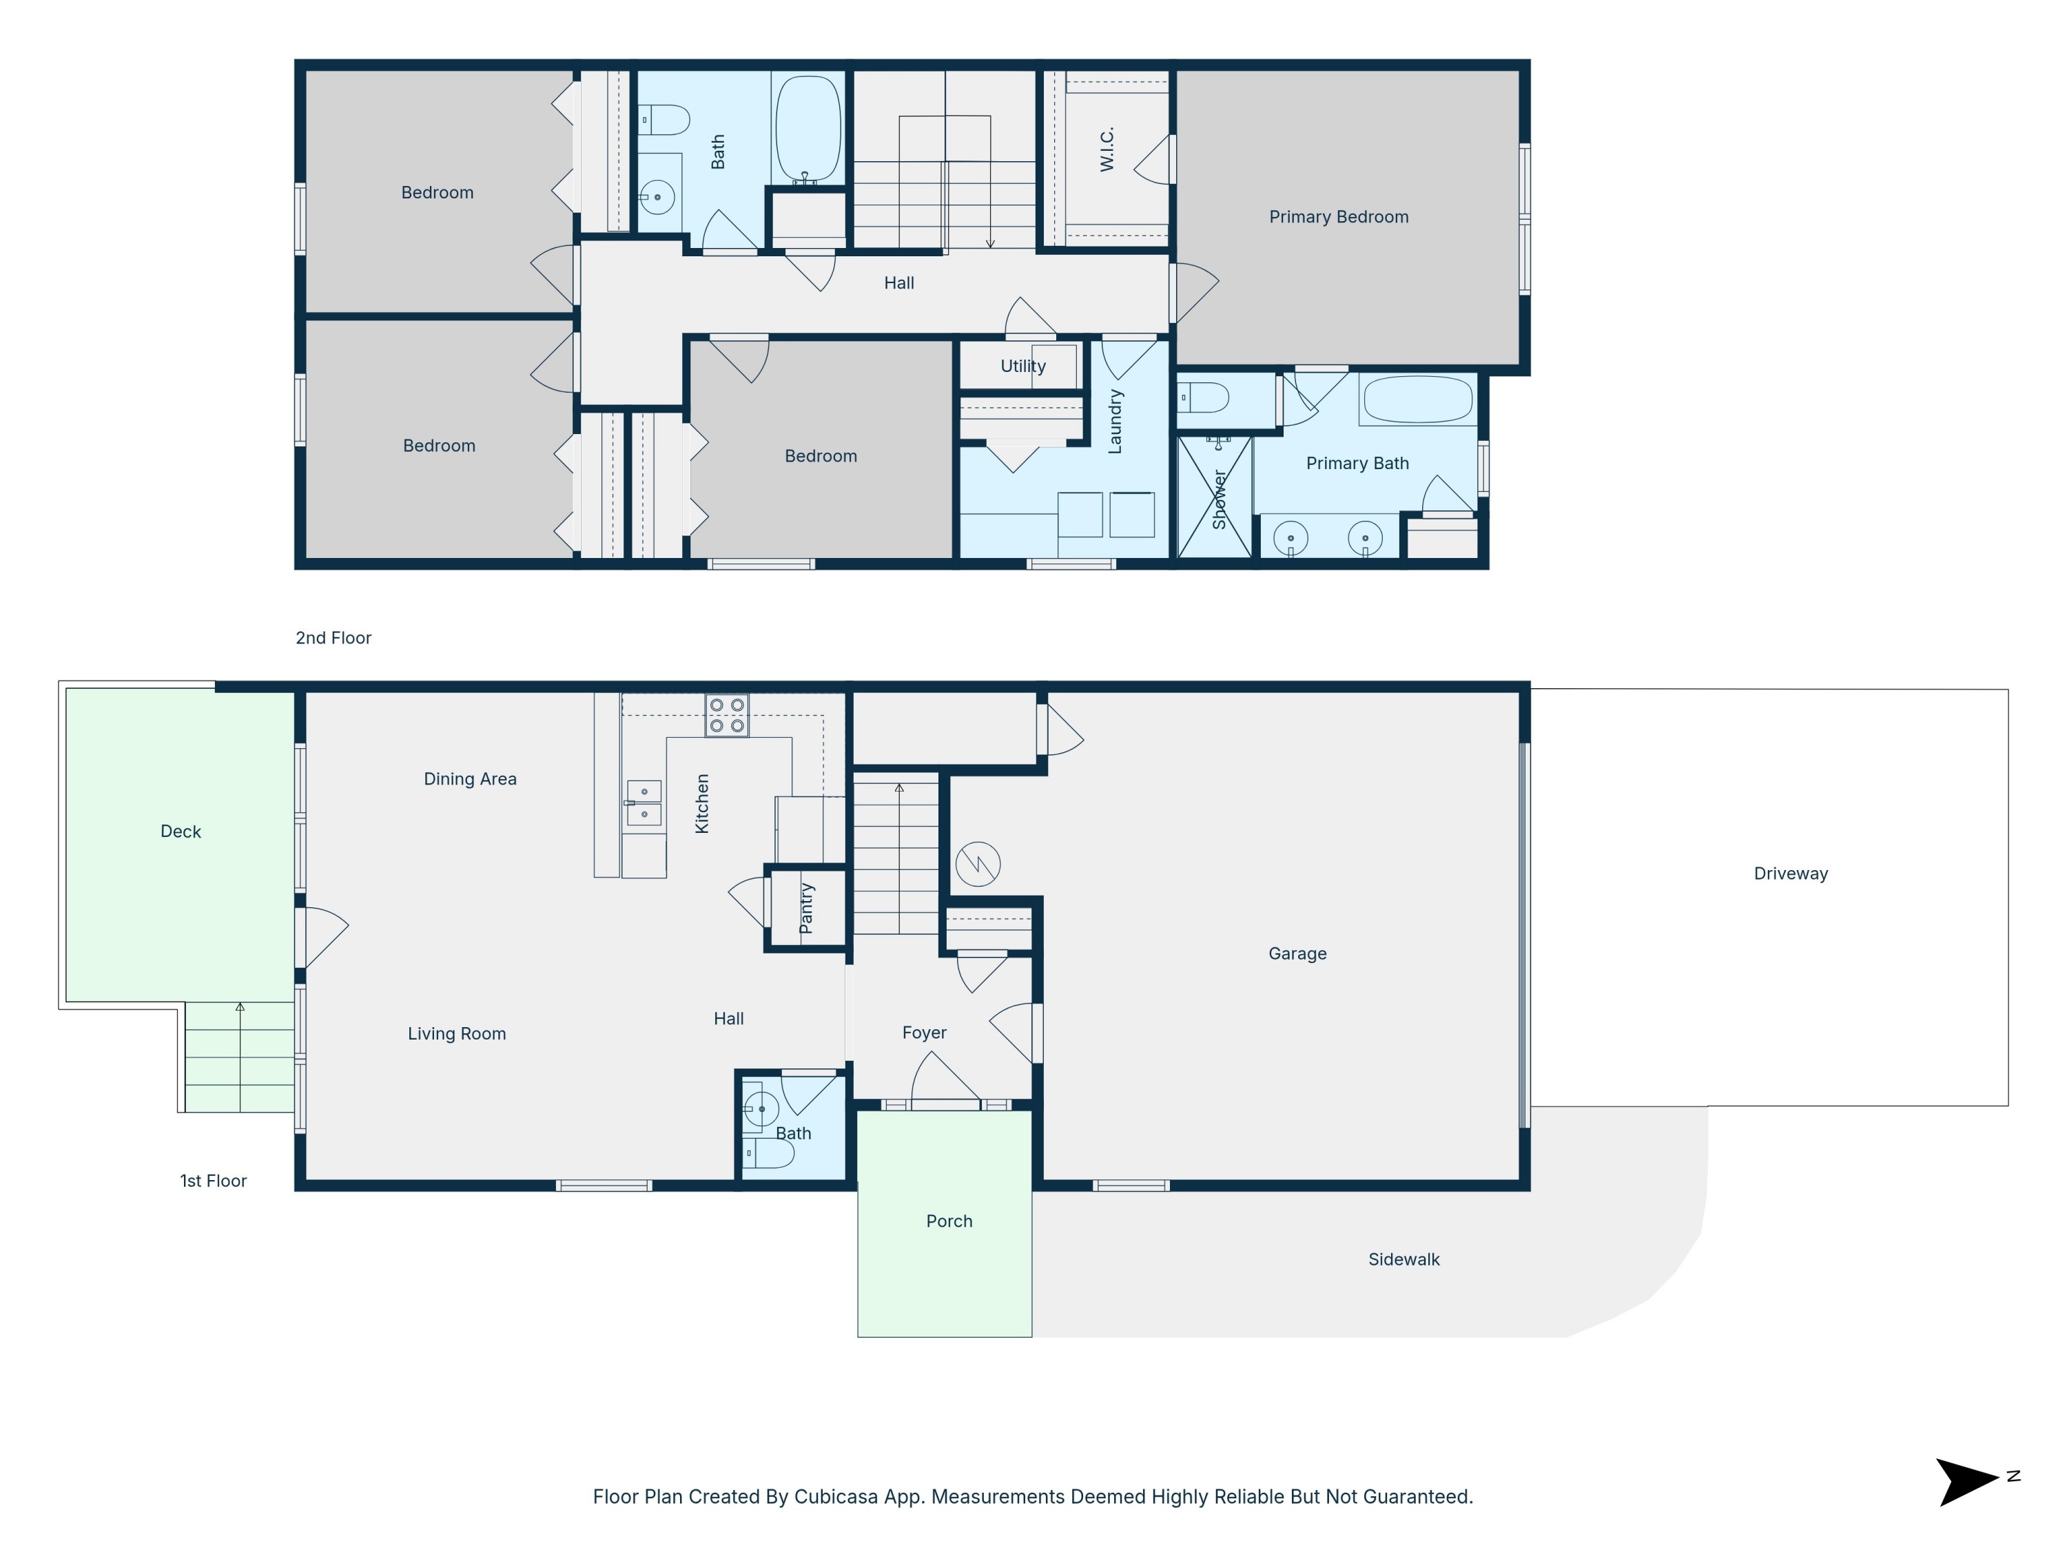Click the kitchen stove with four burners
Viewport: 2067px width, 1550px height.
[x=726, y=716]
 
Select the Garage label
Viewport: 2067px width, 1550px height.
[x=1297, y=953]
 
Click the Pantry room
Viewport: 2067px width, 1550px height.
[x=806, y=908]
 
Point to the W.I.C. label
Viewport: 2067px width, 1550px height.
[x=1107, y=149]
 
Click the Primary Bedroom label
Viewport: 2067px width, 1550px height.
[x=1338, y=217]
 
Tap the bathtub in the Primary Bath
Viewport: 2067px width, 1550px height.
[x=1417, y=400]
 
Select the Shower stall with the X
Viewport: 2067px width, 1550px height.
[x=1214, y=497]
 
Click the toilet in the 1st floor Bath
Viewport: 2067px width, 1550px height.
[x=770, y=1154]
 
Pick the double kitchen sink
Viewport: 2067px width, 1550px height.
[x=644, y=803]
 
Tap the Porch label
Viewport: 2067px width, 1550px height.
[x=949, y=1221]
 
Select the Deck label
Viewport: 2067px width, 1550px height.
[x=181, y=831]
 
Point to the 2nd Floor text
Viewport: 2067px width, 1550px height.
[x=333, y=638]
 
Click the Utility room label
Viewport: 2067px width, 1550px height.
[x=1022, y=366]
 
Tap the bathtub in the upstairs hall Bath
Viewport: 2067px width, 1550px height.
[x=808, y=128]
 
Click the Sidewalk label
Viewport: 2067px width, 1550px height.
[x=1403, y=1259]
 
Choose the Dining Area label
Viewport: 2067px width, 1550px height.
[x=470, y=779]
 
